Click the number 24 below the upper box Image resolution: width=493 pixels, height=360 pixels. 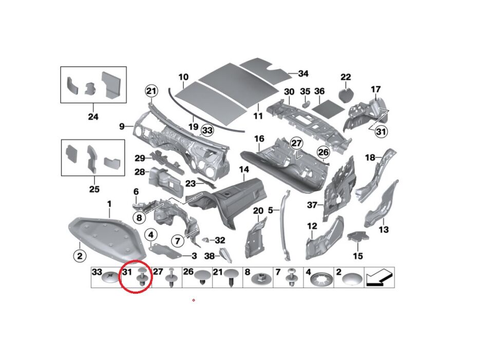tap(93, 117)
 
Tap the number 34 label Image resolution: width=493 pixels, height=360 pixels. tap(303, 74)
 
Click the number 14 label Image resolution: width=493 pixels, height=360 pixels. tap(243, 169)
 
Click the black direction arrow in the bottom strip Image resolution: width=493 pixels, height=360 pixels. tap(379, 278)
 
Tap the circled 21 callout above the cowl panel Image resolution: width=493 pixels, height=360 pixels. tap(150, 91)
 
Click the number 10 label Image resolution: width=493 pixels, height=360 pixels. tap(183, 78)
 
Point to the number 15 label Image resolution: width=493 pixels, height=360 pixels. tap(357, 256)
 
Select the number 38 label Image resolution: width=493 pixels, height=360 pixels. tap(209, 255)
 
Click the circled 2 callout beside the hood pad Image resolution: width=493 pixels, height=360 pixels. tap(79, 255)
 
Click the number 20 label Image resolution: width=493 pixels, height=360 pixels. tap(258, 211)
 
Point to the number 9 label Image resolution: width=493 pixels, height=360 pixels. tap(122, 126)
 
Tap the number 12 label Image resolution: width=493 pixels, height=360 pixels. tap(312, 226)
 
